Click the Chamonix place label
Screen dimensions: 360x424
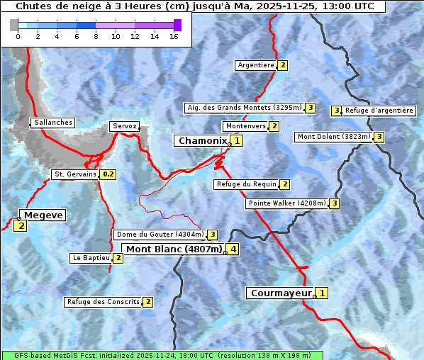[202, 141]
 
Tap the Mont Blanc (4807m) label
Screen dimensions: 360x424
[174, 249]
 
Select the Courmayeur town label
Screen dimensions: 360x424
[281, 293]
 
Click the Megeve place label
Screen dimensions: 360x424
[43, 215]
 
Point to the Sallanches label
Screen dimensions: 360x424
[52, 123]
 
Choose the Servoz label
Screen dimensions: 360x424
[125, 126]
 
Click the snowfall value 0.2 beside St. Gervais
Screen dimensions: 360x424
[108, 174]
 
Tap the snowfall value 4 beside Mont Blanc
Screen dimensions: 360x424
[233, 249]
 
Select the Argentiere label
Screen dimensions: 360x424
[256, 65]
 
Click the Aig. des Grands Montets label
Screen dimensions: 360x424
[244, 108]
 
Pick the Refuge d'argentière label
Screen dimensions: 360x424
[379, 111]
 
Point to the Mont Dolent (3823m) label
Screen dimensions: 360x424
[334, 137]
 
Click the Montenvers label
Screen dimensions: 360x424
[245, 126]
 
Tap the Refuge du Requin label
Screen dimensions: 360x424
[246, 184]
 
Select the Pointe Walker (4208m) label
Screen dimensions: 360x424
[286, 203]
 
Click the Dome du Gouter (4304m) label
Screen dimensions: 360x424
[160, 235]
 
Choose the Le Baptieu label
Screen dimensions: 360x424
[91, 258]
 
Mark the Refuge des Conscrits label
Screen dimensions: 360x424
[104, 302]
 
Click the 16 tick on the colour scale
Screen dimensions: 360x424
[173, 36]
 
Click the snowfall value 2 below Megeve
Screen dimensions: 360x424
[20, 226]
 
